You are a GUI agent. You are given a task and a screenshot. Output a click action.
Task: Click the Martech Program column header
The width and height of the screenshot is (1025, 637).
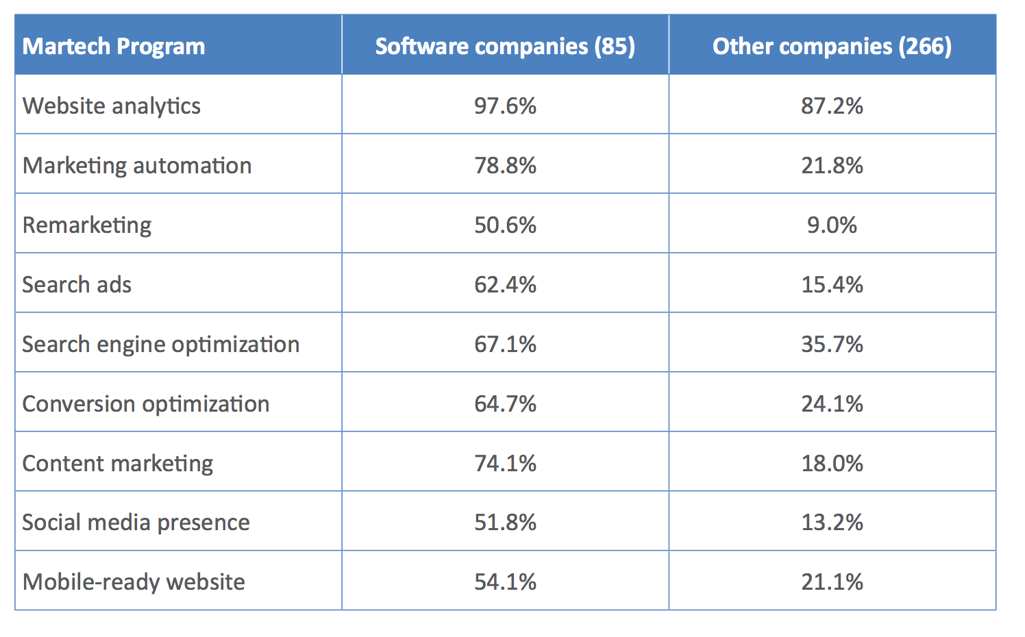(114, 47)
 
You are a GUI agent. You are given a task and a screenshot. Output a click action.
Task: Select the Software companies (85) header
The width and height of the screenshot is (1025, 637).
(505, 47)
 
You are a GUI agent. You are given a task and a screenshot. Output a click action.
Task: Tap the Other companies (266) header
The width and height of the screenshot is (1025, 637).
(832, 47)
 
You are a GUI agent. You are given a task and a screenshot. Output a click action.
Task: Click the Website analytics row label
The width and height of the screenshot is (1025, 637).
(112, 106)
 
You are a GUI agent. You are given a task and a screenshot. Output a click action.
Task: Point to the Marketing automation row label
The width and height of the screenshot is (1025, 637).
(137, 166)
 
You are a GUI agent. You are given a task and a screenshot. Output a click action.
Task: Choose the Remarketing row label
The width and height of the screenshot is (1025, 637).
(87, 225)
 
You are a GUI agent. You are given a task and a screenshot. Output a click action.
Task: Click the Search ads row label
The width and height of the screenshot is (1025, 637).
(77, 285)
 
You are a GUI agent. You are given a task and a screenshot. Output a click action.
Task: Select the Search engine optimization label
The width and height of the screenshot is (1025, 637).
(161, 345)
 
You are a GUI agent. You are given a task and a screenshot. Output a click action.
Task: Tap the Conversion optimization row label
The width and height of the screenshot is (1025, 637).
(146, 404)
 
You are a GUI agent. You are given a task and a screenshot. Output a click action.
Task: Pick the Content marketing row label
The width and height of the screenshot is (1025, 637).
(118, 464)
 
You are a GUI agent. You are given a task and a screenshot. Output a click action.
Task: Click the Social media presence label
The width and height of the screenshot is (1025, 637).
(136, 523)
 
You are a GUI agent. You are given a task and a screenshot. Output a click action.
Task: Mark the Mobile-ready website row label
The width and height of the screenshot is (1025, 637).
(134, 582)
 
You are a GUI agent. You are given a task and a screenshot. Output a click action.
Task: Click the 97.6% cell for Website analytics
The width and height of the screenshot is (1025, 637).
(505, 106)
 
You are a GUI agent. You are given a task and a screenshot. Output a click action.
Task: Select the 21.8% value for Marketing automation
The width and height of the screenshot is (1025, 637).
(832, 166)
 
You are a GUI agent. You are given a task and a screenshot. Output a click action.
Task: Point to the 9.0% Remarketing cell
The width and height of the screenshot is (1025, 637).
(832, 225)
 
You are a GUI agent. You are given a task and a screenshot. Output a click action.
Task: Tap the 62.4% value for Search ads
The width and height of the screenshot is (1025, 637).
(505, 285)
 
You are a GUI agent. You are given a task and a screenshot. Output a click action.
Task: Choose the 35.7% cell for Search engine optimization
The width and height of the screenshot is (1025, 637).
(832, 345)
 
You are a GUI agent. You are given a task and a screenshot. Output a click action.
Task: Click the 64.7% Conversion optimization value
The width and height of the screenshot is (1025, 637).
(505, 404)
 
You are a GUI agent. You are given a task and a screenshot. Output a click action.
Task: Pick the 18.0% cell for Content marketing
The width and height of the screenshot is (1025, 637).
(832, 464)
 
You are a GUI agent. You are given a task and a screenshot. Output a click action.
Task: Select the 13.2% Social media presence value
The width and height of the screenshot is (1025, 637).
(832, 523)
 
